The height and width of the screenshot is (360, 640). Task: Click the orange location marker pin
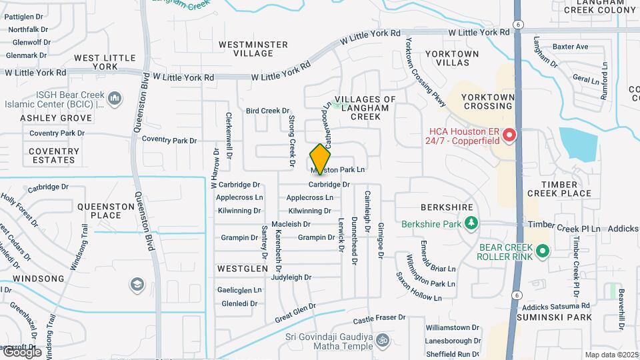click(320, 160)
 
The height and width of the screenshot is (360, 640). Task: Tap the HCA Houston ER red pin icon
click(510, 136)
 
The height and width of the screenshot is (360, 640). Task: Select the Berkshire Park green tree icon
click(471, 222)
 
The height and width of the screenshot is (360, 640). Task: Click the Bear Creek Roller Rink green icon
click(543, 251)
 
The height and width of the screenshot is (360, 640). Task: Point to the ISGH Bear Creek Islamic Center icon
click(115, 99)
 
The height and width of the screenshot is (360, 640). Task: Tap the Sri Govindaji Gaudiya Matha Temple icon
click(383, 339)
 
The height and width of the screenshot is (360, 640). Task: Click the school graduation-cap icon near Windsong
click(137, 285)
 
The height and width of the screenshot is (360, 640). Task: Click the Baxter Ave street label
click(571, 47)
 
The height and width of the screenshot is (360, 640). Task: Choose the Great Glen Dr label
click(295, 310)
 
